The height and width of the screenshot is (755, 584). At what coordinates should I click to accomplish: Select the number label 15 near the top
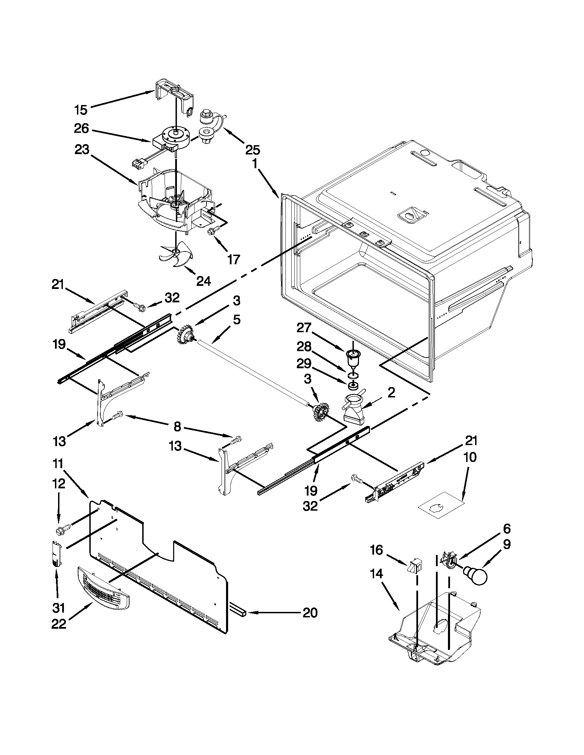point(81,110)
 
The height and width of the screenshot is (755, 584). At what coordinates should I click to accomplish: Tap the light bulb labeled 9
point(476,575)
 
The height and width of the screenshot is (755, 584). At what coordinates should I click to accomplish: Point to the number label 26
point(81,129)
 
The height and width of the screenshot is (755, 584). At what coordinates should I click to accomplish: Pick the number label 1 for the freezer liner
point(255,164)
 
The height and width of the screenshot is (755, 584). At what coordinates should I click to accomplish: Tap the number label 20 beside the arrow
point(310,613)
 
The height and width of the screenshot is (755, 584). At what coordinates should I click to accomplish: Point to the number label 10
point(470,457)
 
